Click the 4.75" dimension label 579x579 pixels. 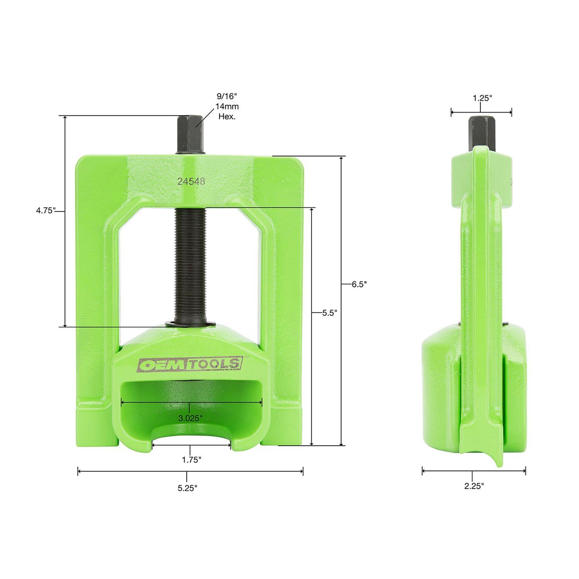[46, 210]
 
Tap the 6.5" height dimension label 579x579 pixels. [359, 284]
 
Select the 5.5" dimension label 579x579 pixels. [330, 313]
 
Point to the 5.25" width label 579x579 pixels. [188, 488]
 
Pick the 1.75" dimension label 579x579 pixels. [191, 460]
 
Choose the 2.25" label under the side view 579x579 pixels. [474, 486]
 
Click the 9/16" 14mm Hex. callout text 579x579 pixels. [227, 106]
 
